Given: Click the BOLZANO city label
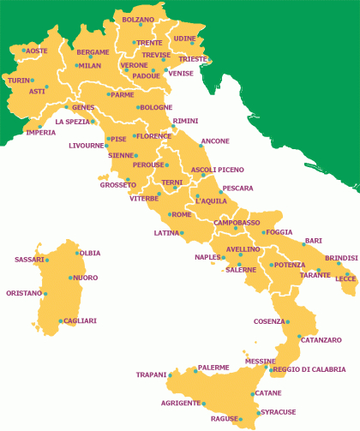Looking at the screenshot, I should point(138,19).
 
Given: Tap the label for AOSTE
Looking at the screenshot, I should point(37,51).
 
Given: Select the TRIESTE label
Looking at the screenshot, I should point(193,59).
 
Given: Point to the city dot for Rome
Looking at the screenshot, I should point(168,214).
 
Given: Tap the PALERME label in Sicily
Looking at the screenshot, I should point(213,368).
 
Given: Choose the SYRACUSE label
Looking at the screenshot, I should point(279,412).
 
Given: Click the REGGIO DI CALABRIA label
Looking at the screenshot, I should point(310,369).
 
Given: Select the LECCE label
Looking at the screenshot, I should point(345,278).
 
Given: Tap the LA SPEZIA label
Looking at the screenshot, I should point(72,122).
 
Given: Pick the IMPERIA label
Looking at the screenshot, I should point(41,133).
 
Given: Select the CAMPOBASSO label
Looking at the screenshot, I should point(237,223).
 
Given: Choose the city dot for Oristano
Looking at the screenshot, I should point(45,294).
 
